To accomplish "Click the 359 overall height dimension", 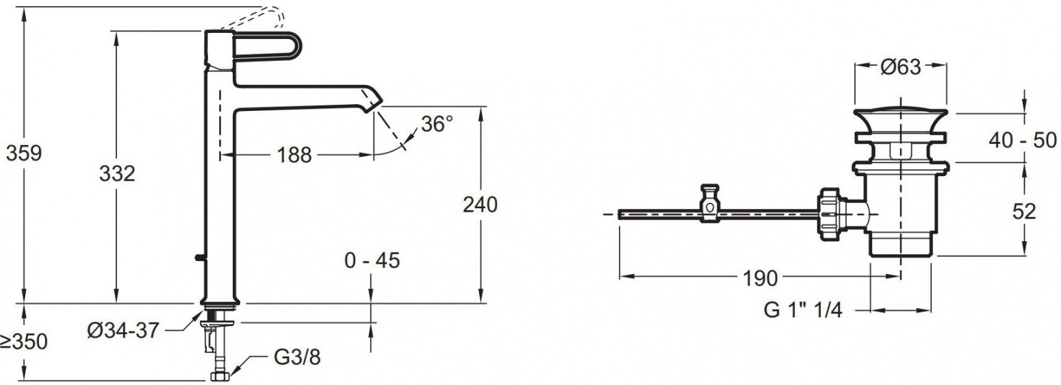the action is coord(24,153).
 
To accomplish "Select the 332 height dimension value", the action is coord(117,174).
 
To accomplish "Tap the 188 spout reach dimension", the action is coord(294,155).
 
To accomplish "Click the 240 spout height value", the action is coord(480,205).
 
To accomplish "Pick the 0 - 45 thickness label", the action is coord(372,260).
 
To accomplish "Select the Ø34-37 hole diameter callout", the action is coord(123,330).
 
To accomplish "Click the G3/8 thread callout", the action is coord(297,358).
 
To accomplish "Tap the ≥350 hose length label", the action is coord(24,342).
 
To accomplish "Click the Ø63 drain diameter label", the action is coord(900,67).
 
